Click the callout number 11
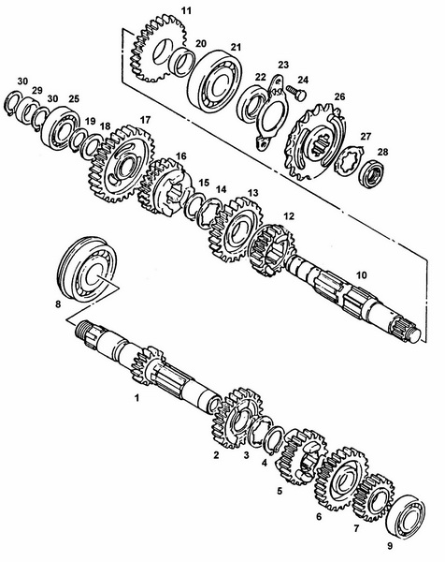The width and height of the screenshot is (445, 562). tap(186, 9)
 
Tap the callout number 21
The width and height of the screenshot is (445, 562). tap(236, 48)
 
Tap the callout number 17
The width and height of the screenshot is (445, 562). tap(145, 120)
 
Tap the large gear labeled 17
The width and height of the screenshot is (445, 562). tap(123, 169)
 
